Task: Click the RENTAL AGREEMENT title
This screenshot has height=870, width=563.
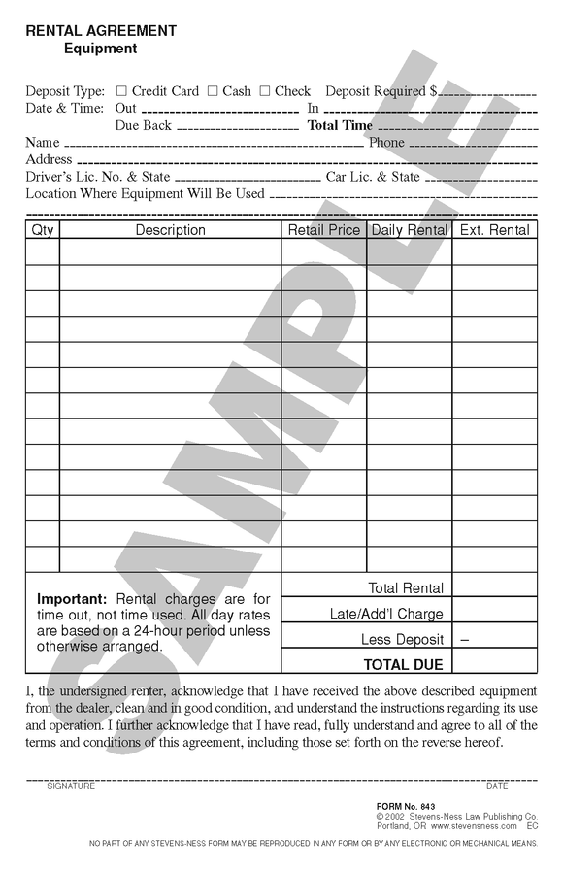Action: click(x=101, y=31)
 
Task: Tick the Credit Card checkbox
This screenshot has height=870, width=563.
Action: click(x=121, y=91)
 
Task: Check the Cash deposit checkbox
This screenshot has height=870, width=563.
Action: click(x=213, y=91)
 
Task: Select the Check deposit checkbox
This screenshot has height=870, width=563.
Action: click(x=265, y=91)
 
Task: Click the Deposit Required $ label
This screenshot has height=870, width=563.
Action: click(x=381, y=91)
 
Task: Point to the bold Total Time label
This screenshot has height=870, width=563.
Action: click(x=340, y=125)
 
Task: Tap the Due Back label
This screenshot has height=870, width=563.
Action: click(x=143, y=125)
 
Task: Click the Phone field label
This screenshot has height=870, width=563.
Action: click(x=386, y=143)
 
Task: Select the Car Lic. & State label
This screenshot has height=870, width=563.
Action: click(x=373, y=177)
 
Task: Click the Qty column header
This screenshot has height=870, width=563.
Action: click(x=43, y=230)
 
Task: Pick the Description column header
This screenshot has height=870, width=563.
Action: click(x=170, y=230)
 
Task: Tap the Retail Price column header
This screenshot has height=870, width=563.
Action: click(x=323, y=230)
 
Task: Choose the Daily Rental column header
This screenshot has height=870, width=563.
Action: click(x=409, y=230)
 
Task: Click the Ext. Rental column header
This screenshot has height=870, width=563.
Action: click(x=494, y=230)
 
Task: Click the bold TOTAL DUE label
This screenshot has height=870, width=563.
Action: click(x=403, y=665)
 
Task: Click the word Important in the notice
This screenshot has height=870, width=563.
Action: click(x=72, y=599)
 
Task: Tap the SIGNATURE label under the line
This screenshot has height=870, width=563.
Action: click(x=71, y=786)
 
